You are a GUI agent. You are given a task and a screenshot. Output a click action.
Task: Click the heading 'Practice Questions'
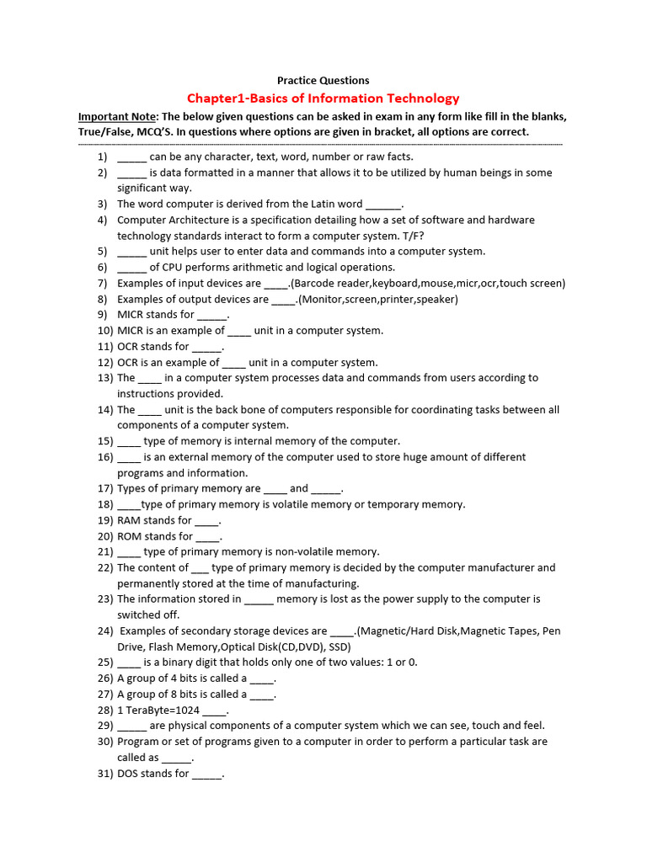[323, 81]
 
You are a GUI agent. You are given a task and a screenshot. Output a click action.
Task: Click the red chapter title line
[323, 98]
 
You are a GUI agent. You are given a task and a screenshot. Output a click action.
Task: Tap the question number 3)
[102, 204]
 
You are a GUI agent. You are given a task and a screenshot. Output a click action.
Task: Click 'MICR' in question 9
[132, 315]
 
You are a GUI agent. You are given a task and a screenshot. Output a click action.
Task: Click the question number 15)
[104, 441]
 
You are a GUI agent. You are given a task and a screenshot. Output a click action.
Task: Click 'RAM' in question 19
[130, 520]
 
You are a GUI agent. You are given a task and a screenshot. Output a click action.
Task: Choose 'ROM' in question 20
[131, 536]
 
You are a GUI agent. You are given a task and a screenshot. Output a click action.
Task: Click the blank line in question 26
[262, 678]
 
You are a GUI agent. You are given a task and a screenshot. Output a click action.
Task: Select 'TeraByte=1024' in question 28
[162, 710]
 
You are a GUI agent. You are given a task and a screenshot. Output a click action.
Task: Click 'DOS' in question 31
[130, 774]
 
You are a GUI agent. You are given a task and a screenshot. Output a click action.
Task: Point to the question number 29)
[104, 726]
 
